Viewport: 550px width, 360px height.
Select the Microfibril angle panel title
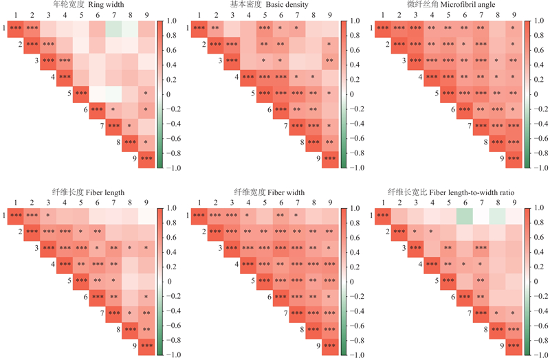click(450, 5)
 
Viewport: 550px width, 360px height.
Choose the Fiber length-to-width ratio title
click(450, 192)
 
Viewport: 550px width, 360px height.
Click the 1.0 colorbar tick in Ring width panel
click(171, 21)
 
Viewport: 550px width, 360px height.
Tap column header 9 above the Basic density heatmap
click(331, 14)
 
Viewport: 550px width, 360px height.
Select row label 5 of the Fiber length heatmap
click(69, 281)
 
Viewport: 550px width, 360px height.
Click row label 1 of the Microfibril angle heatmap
click(372, 28)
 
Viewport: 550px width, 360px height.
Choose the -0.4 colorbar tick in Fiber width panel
click(355, 311)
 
